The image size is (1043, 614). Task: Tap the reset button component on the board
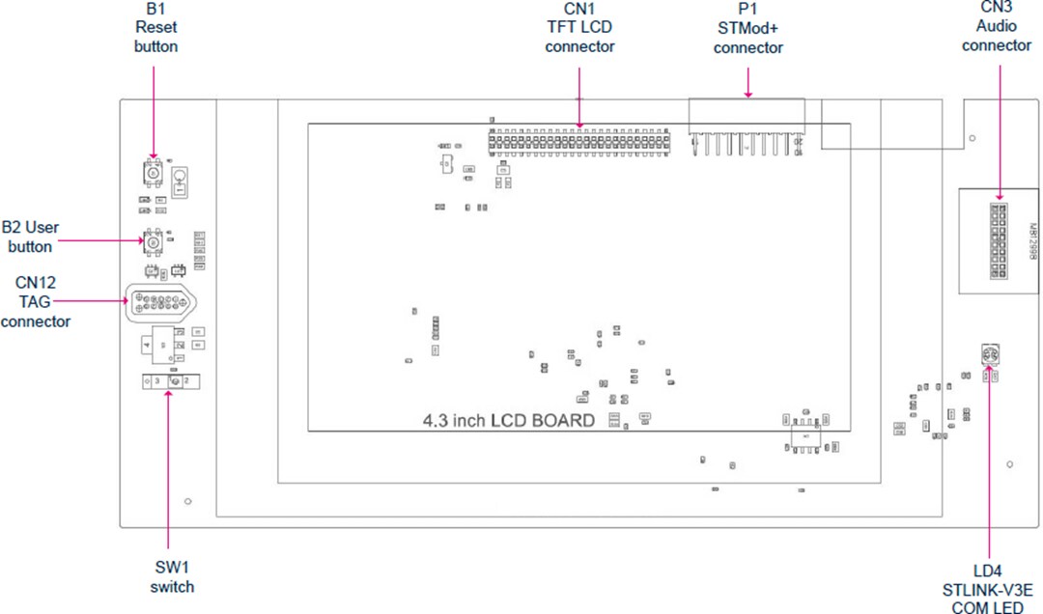[153, 172]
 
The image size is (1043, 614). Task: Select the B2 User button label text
[30, 237]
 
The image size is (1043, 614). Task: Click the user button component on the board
[153, 241]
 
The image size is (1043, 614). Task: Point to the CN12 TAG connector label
[35, 302]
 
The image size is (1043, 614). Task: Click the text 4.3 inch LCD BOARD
[509, 421]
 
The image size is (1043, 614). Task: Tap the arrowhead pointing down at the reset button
[153, 155]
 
